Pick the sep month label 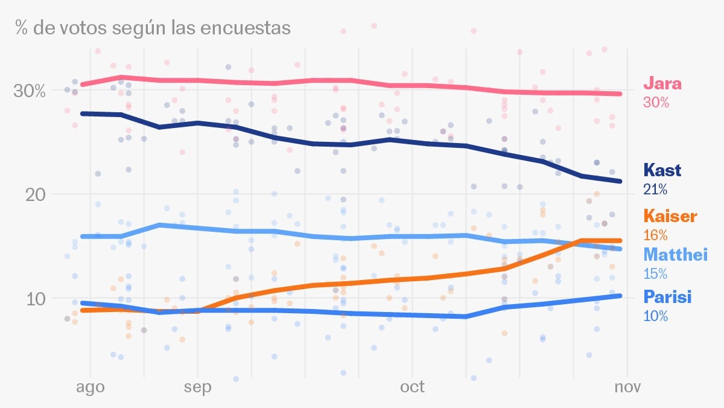pyautogui.click(x=198, y=386)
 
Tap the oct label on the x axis pyautogui.click(x=413, y=386)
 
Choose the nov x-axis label pyautogui.click(x=627, y=386)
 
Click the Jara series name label pyautogui.click(x=662, y=83)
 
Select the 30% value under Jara pyautogui.click(x=656, y=103)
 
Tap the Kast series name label pyautogui.click(x=662, y=170)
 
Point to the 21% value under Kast pyautogui.click(x=656, y=190)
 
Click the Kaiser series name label pyautogui.click(x=670, y=216)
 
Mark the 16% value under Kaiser pyautogui.click(x=656, y=235)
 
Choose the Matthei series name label pyautogui.click(x=675, y=255)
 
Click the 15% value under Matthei pyautogui.click(x=656, y=274)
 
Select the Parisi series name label pyautogui.click(x=667, y=297)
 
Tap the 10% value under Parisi pyautogui.click(x=656, y=316)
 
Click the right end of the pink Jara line pyautogui.click(x=621, y=94)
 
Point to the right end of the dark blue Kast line pyautogui.click(x=621, y=181)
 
